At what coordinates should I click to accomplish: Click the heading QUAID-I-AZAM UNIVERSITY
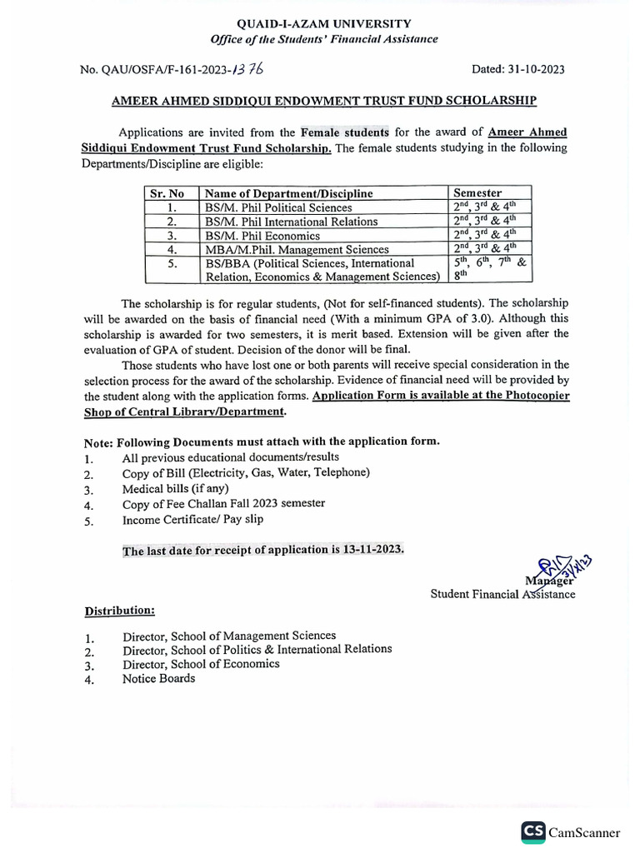pos(324,25)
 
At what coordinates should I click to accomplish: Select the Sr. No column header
pos(167,193)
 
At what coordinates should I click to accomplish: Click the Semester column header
pos(477,193)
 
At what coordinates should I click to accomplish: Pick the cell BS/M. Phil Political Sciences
pos(278,207)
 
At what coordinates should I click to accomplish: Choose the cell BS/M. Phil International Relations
pos(291,222)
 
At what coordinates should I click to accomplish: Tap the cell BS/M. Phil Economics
pos(262,236)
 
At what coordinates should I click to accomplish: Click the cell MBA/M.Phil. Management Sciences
pos(297,249)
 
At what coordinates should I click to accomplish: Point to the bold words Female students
pos(345,132)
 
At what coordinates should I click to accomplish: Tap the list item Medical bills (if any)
pos(175,489)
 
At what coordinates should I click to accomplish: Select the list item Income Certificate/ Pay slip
pos(193,520)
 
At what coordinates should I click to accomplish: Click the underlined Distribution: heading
pos(120,611)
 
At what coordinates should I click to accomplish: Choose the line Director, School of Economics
pos(201,664)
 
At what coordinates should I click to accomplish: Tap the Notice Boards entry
pos(158,679)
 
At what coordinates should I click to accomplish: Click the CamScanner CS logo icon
pos(533,832)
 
